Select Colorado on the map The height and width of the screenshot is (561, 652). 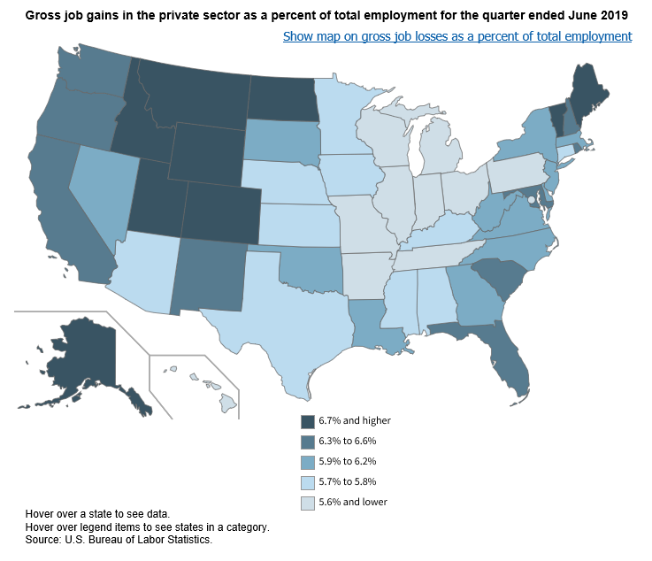click(221, 213)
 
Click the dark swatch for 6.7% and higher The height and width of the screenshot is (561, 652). click(308, 421)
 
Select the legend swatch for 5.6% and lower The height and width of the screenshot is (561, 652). click(308, 503)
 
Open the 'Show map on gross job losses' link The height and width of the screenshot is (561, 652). click(457, 36)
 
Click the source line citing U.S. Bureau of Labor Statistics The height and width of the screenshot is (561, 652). click(119, 539)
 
